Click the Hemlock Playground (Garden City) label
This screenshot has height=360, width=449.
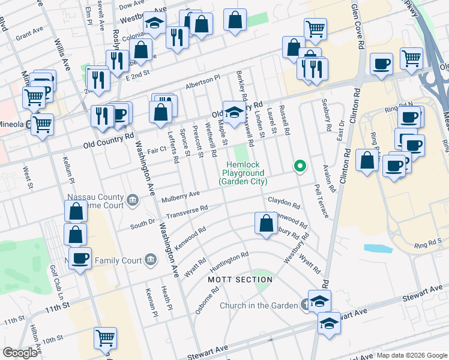pyautogui.click(x=244, y=173)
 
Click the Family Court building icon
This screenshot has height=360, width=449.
pyautogui.click(x=150, y=260)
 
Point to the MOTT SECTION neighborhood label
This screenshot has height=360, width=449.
pyautogui.click(x=240, y=280)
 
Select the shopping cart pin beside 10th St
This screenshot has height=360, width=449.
pyautogui.click(x=105, y=338)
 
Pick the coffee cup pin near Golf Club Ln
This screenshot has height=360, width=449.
pyautogui.click(x=79, y=258)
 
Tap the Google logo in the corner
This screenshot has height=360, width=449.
pyautogui.click(x=20, y=353)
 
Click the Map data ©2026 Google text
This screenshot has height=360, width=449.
pyautogui.click(x=412, y=355)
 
